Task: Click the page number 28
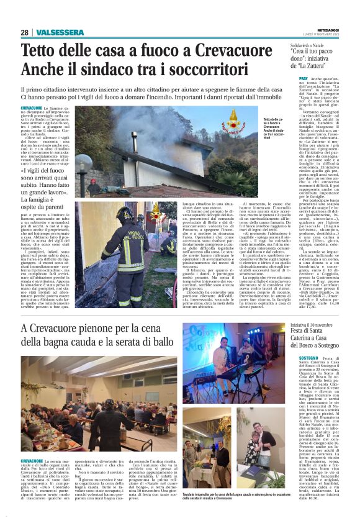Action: [24, 32]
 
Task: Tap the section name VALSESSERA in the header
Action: [60, 32]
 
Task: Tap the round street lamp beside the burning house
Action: [84, 163]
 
